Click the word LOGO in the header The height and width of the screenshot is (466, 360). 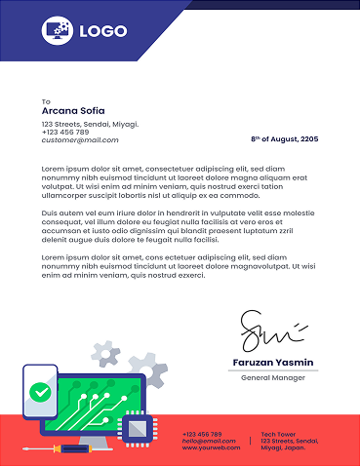pyautogui.click(x=103, y=31)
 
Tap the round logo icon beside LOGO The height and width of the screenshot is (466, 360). pyautogui.click(x=58, y=31)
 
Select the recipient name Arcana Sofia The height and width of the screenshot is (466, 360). pyautogui.click(x=72, y=111)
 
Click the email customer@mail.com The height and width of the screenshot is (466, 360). pyautogui.click(x=79, y=140)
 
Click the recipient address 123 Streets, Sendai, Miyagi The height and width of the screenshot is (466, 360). pyautogui.click(x=90, y=125)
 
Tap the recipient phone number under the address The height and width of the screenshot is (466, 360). pyautogui.click(x=64, y=133)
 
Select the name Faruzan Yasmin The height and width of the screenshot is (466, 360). pyautogui.click(x=273, y=362)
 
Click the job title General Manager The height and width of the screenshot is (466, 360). pyautogui.click(x=273, y=376)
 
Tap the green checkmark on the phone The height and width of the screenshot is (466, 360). pyautogui.click(x=40, y=392)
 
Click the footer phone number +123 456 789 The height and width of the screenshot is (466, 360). pyautogui.click(x=202, y=434)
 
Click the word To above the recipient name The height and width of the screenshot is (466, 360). pyautogui.click(x=45, y=101)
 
